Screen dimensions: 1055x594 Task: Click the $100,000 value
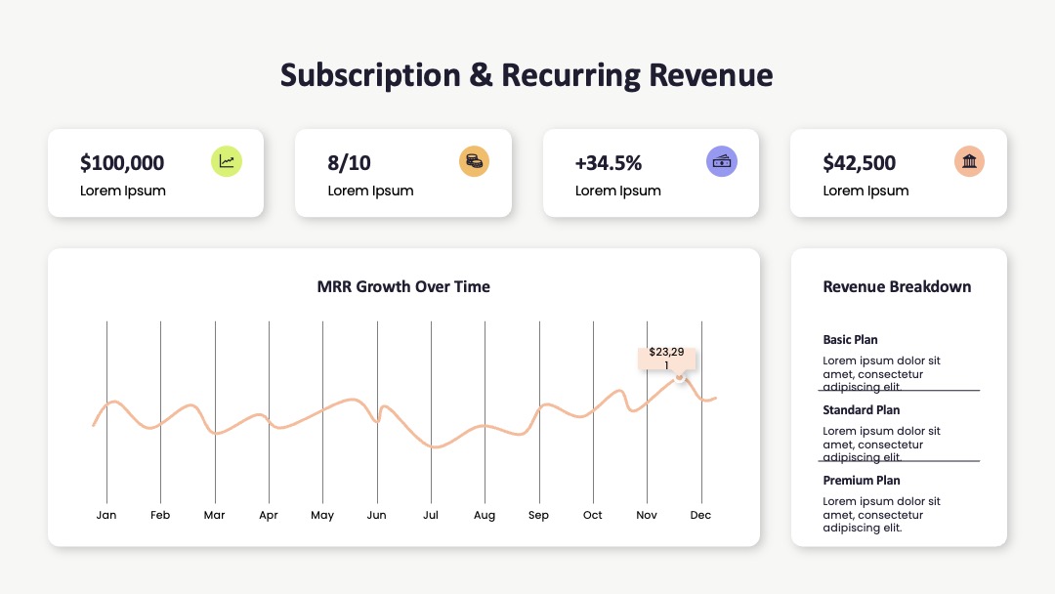tap(122, 163)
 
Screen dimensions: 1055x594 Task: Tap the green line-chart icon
tap(226, 161)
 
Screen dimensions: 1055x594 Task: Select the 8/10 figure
tap(349, 163)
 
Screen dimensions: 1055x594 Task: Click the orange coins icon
tap(474, 161)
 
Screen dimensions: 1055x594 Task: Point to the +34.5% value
tap(609, 163)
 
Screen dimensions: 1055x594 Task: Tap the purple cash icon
tap(721, 161)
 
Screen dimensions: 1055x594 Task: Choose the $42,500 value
tap(860, 163)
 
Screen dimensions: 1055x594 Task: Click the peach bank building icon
tap(969, 161)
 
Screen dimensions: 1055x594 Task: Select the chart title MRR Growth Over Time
tap(403, 286)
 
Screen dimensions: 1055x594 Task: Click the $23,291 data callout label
tap(666, 359)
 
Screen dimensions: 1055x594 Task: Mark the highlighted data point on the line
tap(680, 378)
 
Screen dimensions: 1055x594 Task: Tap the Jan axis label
tap(106, 515)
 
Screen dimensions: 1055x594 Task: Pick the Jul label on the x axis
tap(431, 515)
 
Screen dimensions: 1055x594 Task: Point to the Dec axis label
tap(700, 515)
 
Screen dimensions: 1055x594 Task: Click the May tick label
tap(322, 515)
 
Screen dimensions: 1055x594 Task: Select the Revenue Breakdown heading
tap(897, 286)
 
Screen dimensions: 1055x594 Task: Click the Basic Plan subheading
tap(850, 340)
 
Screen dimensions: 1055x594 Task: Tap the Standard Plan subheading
tap(862, 409)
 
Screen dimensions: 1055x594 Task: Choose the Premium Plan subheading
tap(862, 481)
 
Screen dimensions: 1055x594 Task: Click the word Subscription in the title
tap(370, 75)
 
